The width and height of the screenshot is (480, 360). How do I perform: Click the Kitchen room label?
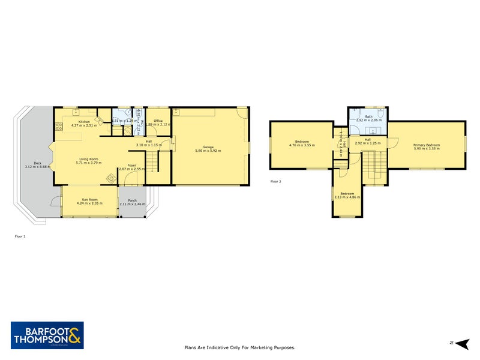84,121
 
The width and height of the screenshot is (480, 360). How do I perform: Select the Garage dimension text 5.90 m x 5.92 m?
208,150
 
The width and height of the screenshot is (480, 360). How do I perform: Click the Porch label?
132,200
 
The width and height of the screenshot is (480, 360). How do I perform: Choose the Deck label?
37,163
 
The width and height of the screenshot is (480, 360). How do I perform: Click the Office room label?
158,121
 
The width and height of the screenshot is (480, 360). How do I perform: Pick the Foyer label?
132,165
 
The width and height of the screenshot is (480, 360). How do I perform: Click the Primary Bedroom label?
427,145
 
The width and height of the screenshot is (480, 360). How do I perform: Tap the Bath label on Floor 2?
368,117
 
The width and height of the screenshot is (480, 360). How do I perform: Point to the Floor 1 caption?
20,236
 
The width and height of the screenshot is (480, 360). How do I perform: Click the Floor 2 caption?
276,181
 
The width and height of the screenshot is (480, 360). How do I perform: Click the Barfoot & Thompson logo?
47,335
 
